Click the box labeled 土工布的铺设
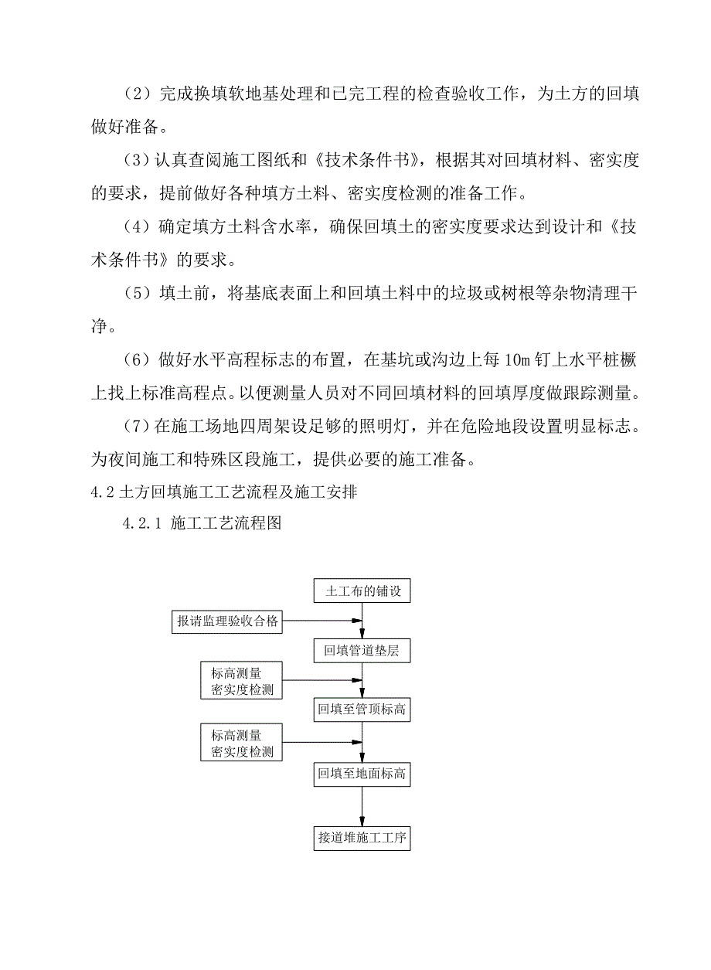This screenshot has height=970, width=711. click(362, 592)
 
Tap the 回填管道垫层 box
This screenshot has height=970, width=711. click(362, 651)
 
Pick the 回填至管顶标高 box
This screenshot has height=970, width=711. click(362, 709)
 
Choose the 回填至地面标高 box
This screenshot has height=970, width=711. click(362, 774)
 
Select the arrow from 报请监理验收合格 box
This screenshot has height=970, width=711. click(321, 621)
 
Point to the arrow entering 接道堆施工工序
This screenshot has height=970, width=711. click(362, 807)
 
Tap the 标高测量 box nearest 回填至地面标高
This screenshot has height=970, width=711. click(241, 741)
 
